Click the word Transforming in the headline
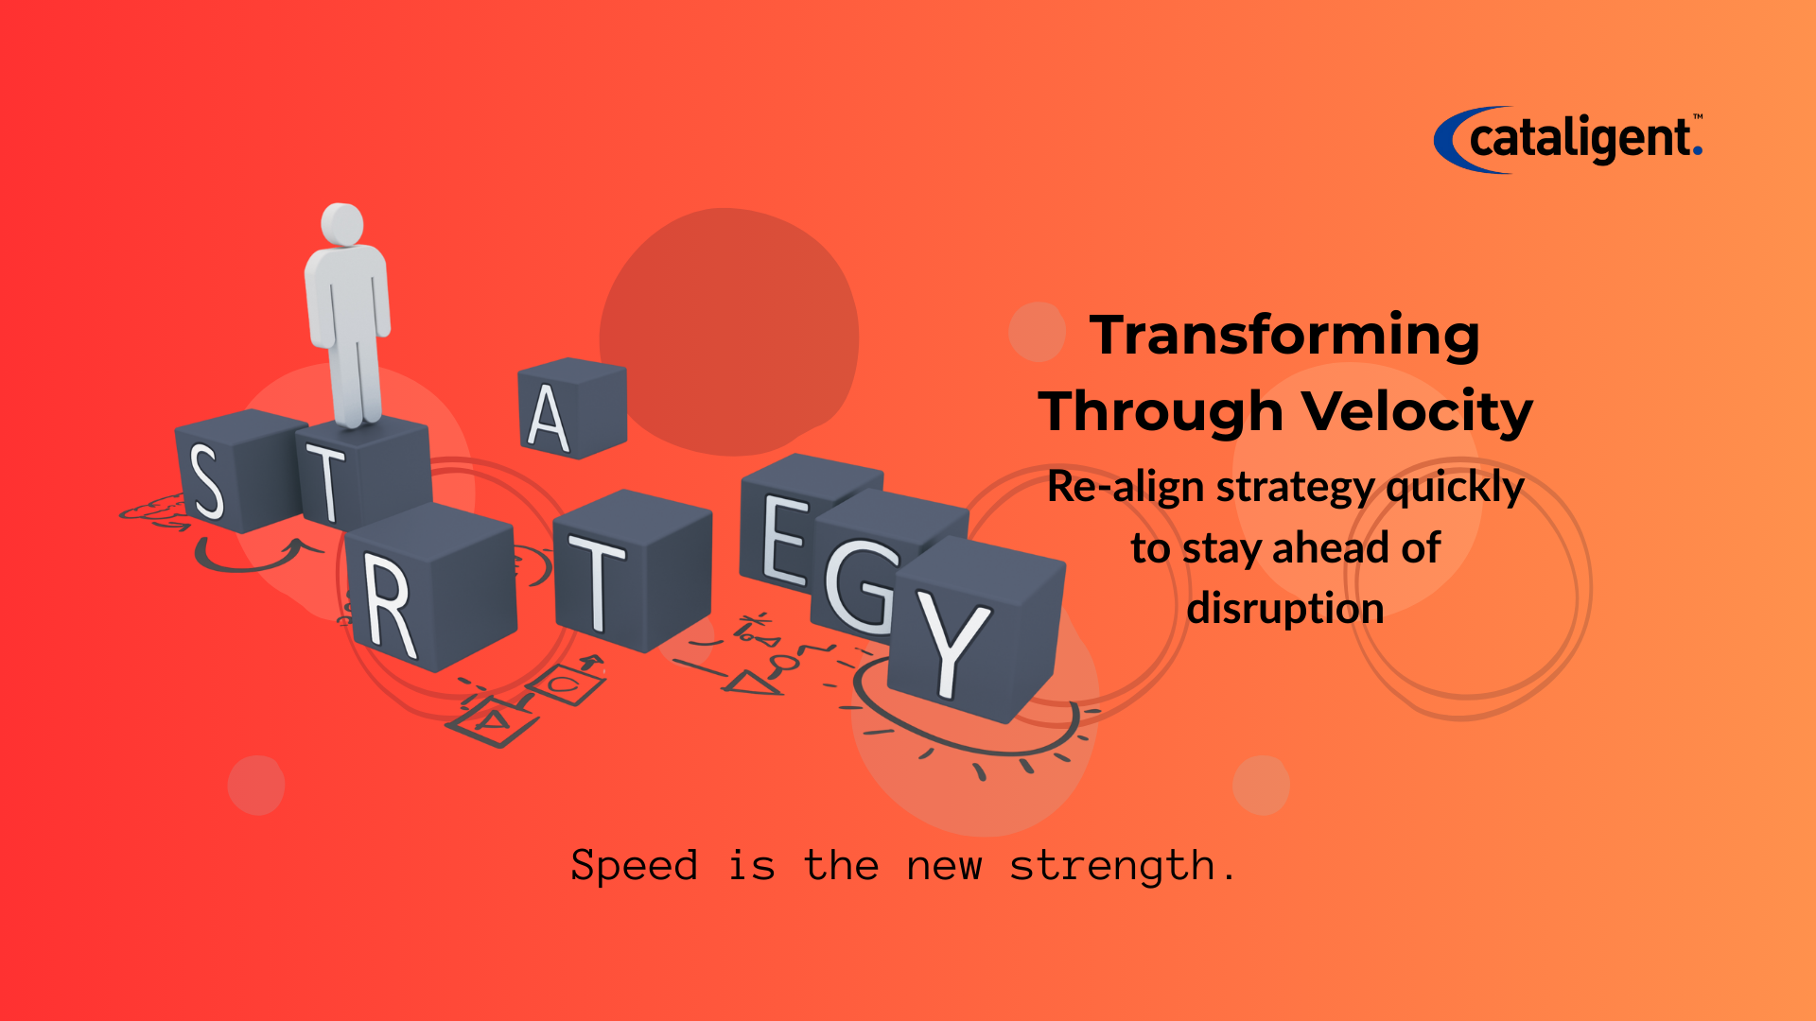pos(1284,335)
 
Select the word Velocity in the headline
pos(1417,412)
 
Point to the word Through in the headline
pos(1161,411)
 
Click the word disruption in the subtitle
pos(1285,608)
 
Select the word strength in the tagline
pos(1112,866)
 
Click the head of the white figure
pos(341,224)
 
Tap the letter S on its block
pos(207,482)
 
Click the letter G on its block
pos(858,586)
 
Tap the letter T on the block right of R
pos(597,582)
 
